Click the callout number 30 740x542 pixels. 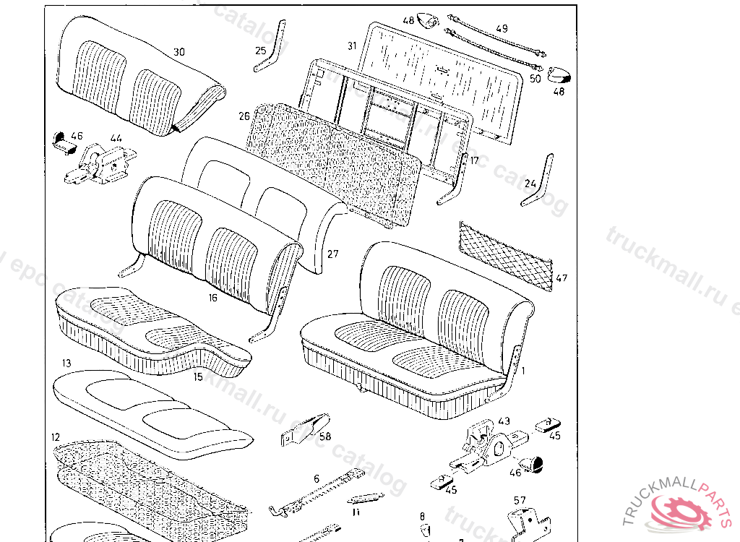tap(178, 52)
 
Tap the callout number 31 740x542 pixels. tap(352, 46)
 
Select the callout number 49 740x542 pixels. tap(502, 28)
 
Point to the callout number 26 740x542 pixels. tap(244, 116)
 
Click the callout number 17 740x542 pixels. tap(474, 160)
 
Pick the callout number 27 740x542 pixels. tap(332, 254)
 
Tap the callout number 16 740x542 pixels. tap(213, 297)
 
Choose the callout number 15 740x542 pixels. tap(198, 376)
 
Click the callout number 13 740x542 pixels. tap(66, 363)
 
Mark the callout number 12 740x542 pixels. tap(56, 437)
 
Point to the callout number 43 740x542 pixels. tap(504, 421)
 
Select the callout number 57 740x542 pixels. tap(520, 499)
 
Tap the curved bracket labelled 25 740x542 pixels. tap(263, 62)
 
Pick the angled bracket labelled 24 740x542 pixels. tap(539, 181)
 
